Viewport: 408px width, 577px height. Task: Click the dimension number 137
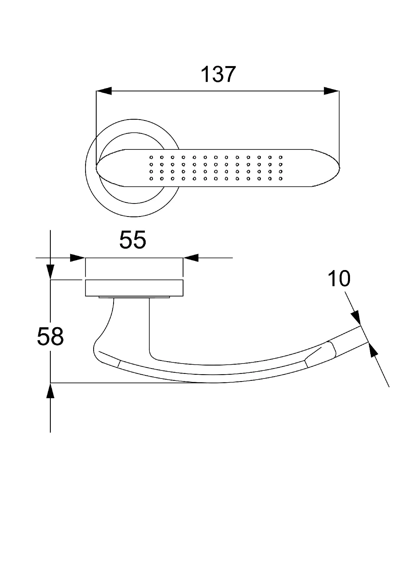coord(218,74)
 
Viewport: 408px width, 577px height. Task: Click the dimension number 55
coord(133,239)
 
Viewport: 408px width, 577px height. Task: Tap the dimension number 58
coord(50,336)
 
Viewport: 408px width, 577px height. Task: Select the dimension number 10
coord(339,278)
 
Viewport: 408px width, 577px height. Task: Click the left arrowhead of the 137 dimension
coord(104,91)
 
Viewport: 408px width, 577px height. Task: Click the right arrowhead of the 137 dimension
coord(332,91)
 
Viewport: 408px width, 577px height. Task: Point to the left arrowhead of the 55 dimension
coord(78,258)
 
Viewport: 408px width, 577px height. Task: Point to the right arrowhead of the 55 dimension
coord(191,258)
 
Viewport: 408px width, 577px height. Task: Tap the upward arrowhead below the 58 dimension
coord(50,391)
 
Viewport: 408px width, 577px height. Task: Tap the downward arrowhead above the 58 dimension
coord(50,272)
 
